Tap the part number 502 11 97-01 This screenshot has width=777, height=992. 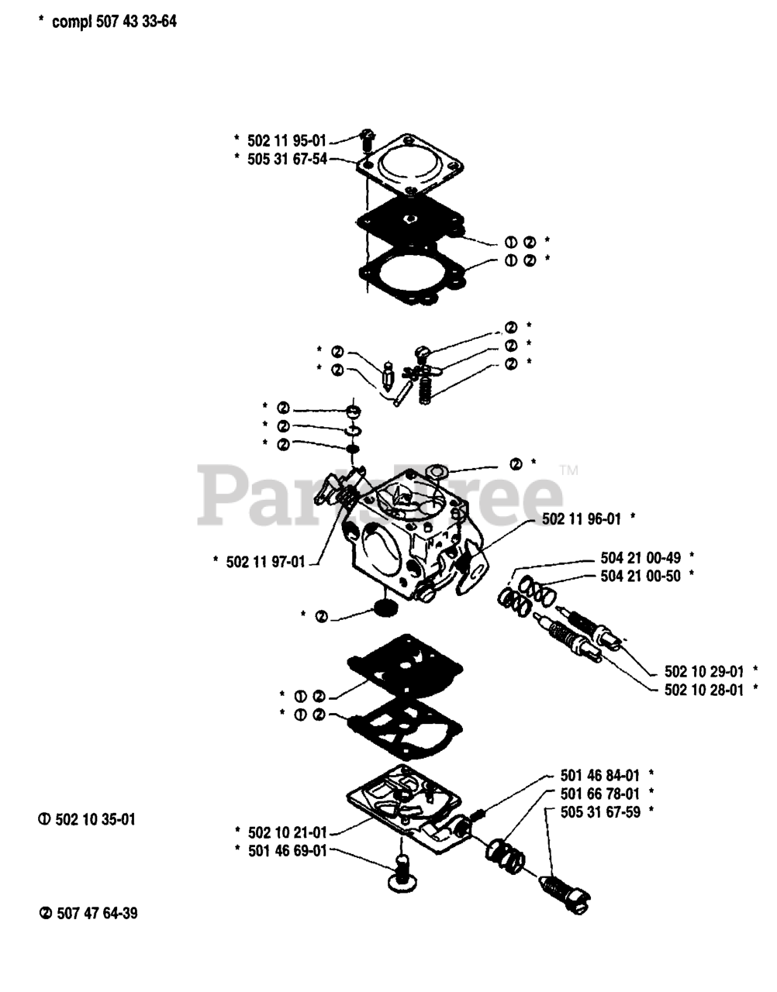(x=265, y=562)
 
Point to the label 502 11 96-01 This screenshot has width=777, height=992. (x=581, y=520)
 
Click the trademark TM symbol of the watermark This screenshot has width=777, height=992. (x=568, y=470)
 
